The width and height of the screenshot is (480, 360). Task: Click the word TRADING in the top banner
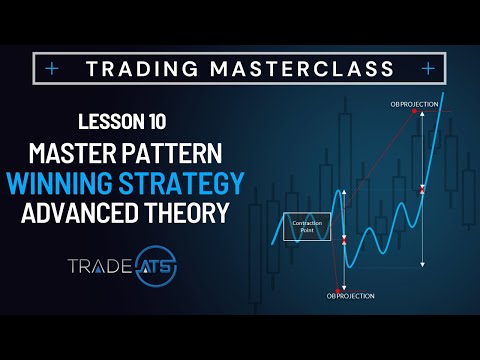(137, 69)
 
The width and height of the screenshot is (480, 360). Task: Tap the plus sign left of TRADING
(51, 69)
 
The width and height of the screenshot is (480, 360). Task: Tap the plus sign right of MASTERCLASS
(428, 69)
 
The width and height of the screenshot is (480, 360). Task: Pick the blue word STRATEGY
(187, 186)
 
